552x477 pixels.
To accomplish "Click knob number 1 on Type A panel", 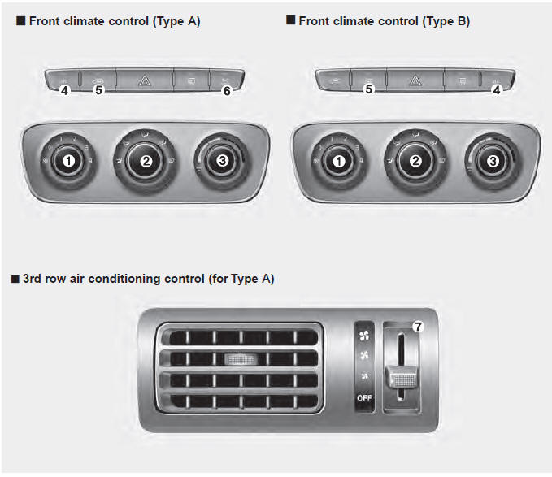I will point(69,161).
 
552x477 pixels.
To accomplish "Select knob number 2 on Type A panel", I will point(146,161).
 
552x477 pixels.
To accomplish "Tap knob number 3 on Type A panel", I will point(223,161).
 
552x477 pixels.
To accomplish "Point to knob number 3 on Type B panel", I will point(492,161).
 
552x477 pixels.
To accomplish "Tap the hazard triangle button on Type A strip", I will point(144,80).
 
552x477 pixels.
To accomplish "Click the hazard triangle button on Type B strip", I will point(414,80).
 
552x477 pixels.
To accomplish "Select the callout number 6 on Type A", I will point(227,90).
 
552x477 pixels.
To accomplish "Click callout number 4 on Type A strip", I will point(63,90).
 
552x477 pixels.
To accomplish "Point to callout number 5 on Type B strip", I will point(368,90).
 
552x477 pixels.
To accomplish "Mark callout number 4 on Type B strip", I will point(496,90).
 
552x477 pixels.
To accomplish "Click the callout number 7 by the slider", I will point(418,327).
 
